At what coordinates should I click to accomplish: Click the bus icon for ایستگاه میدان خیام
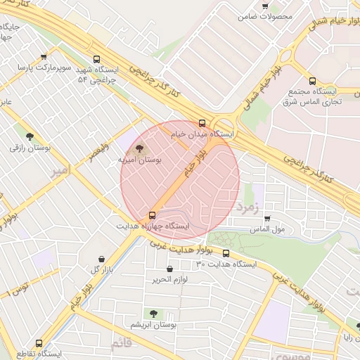202,123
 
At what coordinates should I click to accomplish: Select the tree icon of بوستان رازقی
30,136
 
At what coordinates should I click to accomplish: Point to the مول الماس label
267,229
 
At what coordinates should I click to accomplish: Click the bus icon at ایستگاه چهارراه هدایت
152,215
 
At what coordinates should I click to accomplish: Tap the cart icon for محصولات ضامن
265,6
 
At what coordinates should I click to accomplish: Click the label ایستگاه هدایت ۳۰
226,264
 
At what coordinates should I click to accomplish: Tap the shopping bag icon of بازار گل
103,259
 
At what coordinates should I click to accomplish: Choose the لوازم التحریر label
169,279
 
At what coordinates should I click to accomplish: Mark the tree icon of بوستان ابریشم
153,314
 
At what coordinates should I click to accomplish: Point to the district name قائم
120,343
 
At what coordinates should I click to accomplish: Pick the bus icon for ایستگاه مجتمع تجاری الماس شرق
312,80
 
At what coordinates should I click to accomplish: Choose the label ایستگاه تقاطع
39,352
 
